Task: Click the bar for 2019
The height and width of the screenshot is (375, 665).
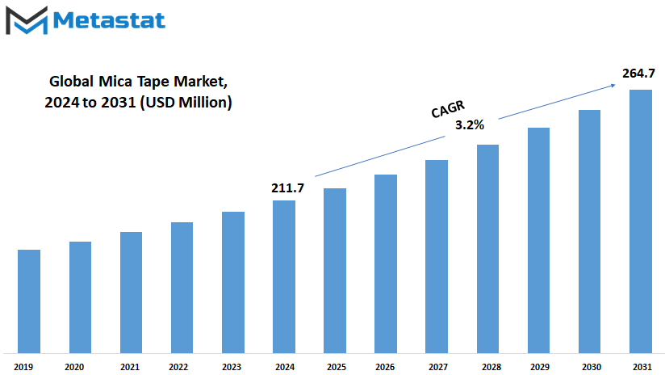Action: point(29,301)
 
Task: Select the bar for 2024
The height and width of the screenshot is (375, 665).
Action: point(284,276)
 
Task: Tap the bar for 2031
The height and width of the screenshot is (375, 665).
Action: point(641,221)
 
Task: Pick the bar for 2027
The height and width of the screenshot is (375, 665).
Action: point(437,256)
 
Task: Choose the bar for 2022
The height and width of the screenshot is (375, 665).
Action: point(182,288)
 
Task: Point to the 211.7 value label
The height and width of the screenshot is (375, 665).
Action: point(287,187)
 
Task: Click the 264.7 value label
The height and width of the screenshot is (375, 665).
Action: point(638,74)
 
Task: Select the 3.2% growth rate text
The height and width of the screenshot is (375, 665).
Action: point(470,124)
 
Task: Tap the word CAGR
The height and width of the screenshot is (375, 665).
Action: point(448,109)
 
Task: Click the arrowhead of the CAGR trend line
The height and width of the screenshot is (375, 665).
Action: point(613,86)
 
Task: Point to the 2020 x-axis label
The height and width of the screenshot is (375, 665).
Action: point(74,366)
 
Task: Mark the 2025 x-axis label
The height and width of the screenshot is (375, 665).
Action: point(337,366)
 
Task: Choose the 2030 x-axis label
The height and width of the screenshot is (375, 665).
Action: point(592,366)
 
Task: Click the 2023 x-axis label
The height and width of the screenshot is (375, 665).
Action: point(231,366)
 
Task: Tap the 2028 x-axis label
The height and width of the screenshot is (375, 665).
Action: point(491,366)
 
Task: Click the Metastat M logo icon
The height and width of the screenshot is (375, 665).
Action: point(27,20)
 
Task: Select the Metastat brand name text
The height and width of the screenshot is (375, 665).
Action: point(109,20)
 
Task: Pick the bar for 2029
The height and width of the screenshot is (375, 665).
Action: point(538,240)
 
